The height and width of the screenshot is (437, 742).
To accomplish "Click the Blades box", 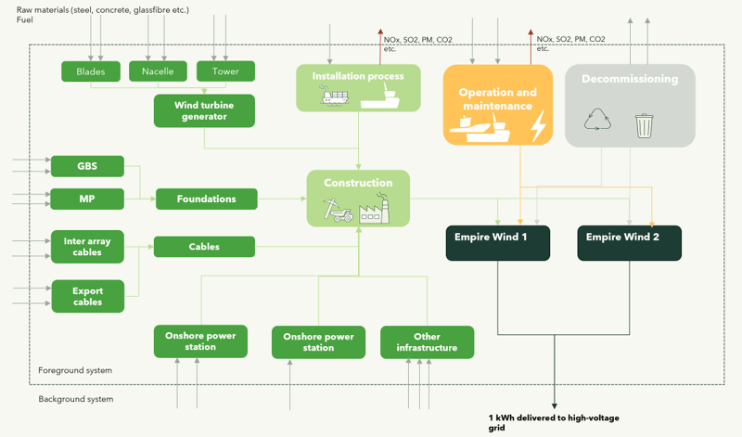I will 91,71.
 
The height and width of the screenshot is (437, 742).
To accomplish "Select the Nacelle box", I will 158,71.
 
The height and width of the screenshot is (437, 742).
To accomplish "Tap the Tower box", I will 225,71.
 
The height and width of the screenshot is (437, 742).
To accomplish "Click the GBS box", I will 87,167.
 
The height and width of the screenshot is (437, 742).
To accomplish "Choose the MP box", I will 87,199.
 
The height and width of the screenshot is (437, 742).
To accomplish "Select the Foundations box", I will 205,199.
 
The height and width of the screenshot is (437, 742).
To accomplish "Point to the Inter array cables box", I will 87,247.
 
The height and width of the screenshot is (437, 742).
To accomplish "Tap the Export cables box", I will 87,296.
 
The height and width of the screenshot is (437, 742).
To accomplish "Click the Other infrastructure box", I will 427,341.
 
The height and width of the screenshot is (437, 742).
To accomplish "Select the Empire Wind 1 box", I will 498,242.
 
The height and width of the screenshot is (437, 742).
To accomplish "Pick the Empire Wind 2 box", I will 630,242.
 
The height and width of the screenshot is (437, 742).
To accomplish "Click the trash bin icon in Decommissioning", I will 644,124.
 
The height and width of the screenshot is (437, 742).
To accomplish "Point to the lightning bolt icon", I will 538,124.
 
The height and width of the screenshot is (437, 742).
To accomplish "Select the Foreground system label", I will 75,370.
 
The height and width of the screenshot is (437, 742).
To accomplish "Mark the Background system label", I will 76,399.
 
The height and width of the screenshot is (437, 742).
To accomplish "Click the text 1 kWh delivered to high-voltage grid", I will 554,423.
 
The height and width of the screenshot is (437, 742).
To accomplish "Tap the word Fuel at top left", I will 26,19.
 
